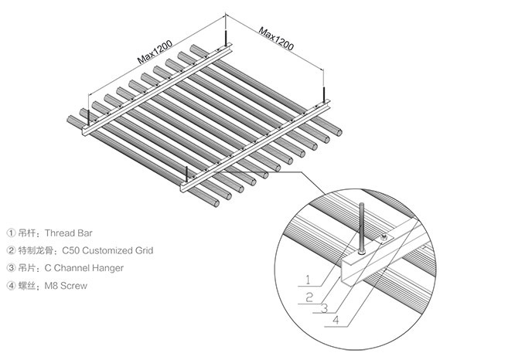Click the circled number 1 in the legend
coord(11,232)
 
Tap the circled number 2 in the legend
coord(11,250)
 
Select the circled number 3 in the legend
coord(11,267)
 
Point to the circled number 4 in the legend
coord(11,286)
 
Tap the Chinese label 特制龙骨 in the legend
coord(36,250)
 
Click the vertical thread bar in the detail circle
coord(363,224)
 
